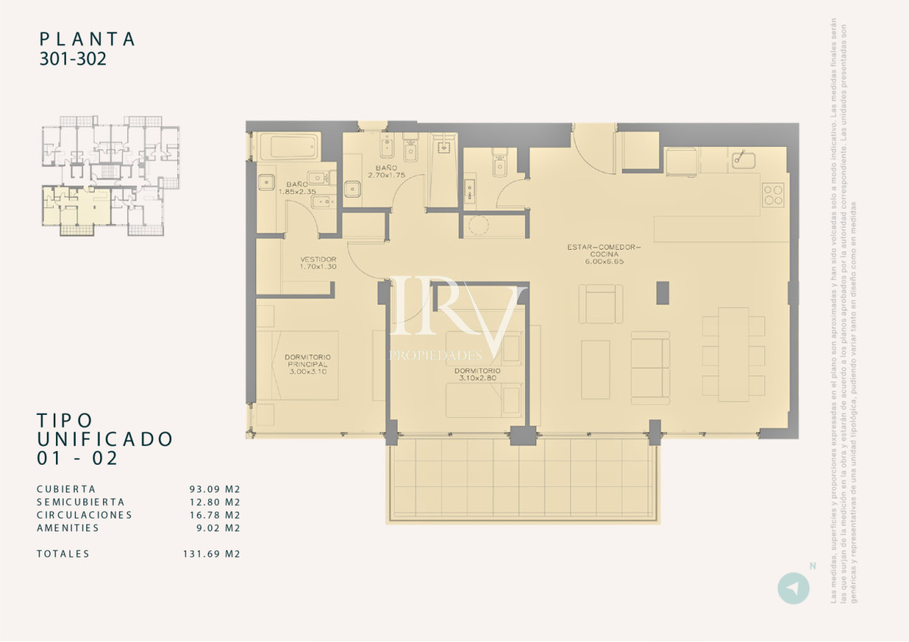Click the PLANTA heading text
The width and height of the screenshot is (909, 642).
[87, 39]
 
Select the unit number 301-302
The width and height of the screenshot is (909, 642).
[73, 60]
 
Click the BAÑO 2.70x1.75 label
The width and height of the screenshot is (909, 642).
[386, 171]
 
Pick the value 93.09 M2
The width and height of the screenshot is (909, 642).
[214, 489]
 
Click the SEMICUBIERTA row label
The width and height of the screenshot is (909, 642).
[80, 502]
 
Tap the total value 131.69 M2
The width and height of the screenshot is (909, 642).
[211, 553]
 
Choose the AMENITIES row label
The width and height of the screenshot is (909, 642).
[67, 528]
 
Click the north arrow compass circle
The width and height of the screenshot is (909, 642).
[793, 588]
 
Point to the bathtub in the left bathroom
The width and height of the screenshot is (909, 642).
[288, 147]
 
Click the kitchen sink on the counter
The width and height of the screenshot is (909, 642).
[742, 160]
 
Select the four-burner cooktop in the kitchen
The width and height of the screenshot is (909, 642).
[773, 195]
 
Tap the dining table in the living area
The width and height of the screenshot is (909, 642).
[733, 354]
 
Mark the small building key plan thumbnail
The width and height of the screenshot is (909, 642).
[111, 175]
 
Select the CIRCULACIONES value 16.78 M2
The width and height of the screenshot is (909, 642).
[214, 515]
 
